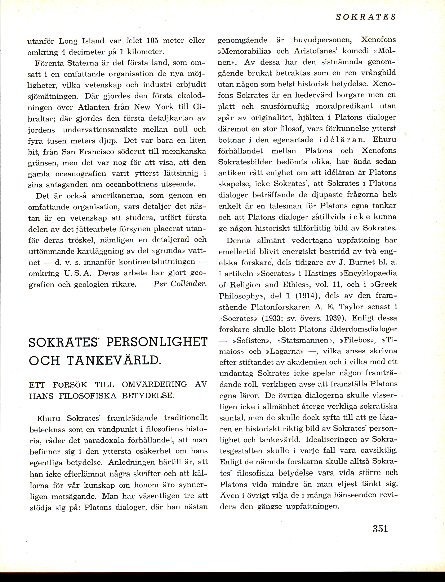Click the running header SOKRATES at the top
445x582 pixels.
(366, 17)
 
